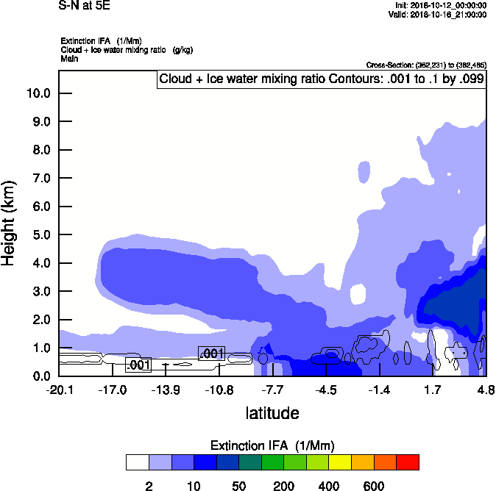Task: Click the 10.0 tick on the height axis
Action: pos(38,93)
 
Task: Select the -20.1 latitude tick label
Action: pos(59,390)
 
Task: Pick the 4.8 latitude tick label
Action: pos(485,390)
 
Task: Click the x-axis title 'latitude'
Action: pos(272,413)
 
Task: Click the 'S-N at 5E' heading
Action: pos(79,5)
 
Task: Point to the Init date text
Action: pos(441,5)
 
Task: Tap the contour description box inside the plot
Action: pos(322,79)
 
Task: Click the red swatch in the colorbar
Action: pos(408,462)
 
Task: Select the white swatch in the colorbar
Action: pos(137,462)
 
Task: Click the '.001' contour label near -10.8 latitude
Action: pos(212,354)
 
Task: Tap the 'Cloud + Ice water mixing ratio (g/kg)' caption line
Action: pos(127,49)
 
